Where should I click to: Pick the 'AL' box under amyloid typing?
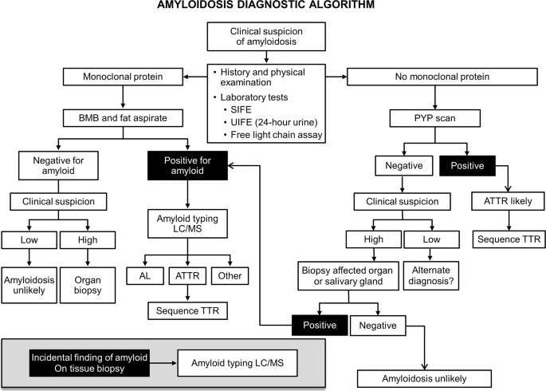[145, 275]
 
